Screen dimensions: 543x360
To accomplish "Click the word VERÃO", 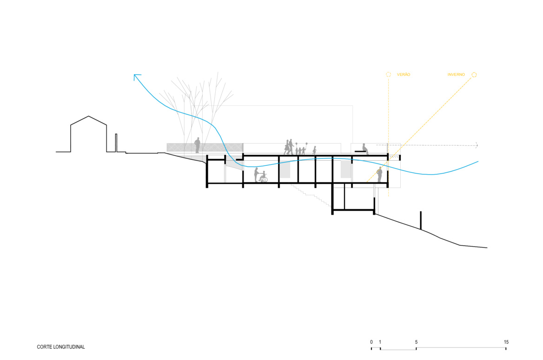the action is point(404,74).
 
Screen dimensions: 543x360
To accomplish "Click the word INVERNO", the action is point(456,74).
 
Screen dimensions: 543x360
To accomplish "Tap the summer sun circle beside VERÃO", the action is point(388,74).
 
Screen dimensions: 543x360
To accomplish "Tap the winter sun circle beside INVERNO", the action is point(474,75).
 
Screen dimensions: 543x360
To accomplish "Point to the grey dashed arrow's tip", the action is point(478,145).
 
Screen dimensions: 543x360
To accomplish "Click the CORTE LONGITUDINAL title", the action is point(61,347).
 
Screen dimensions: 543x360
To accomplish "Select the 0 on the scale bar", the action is point(371,342).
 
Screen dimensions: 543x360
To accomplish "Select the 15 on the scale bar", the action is point(506,342).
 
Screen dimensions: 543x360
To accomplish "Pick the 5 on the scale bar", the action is point(416,342).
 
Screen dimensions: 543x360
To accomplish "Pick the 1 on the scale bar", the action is point(380,342).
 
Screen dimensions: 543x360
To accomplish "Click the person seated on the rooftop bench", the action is point(364,149).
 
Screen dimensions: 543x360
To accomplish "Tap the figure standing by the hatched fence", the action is point(198,145).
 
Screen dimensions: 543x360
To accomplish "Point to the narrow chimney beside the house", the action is point(116,143).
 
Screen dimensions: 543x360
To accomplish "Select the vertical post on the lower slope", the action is point(421,220).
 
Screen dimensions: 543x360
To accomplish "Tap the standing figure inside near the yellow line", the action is point(379,175).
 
